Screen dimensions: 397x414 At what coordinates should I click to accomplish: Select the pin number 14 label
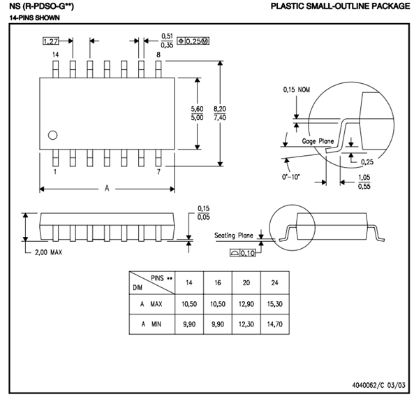55,55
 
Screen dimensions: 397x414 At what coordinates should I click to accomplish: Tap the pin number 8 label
158,55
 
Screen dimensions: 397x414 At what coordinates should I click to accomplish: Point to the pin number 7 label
158,171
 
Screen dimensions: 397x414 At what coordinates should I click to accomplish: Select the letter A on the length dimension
106,189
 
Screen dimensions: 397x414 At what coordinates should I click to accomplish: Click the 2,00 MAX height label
48,252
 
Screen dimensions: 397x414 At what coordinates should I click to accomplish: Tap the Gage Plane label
318,141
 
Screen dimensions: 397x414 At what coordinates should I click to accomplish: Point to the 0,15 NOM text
296,89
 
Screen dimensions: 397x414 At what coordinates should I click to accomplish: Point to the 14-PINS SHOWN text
27,16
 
